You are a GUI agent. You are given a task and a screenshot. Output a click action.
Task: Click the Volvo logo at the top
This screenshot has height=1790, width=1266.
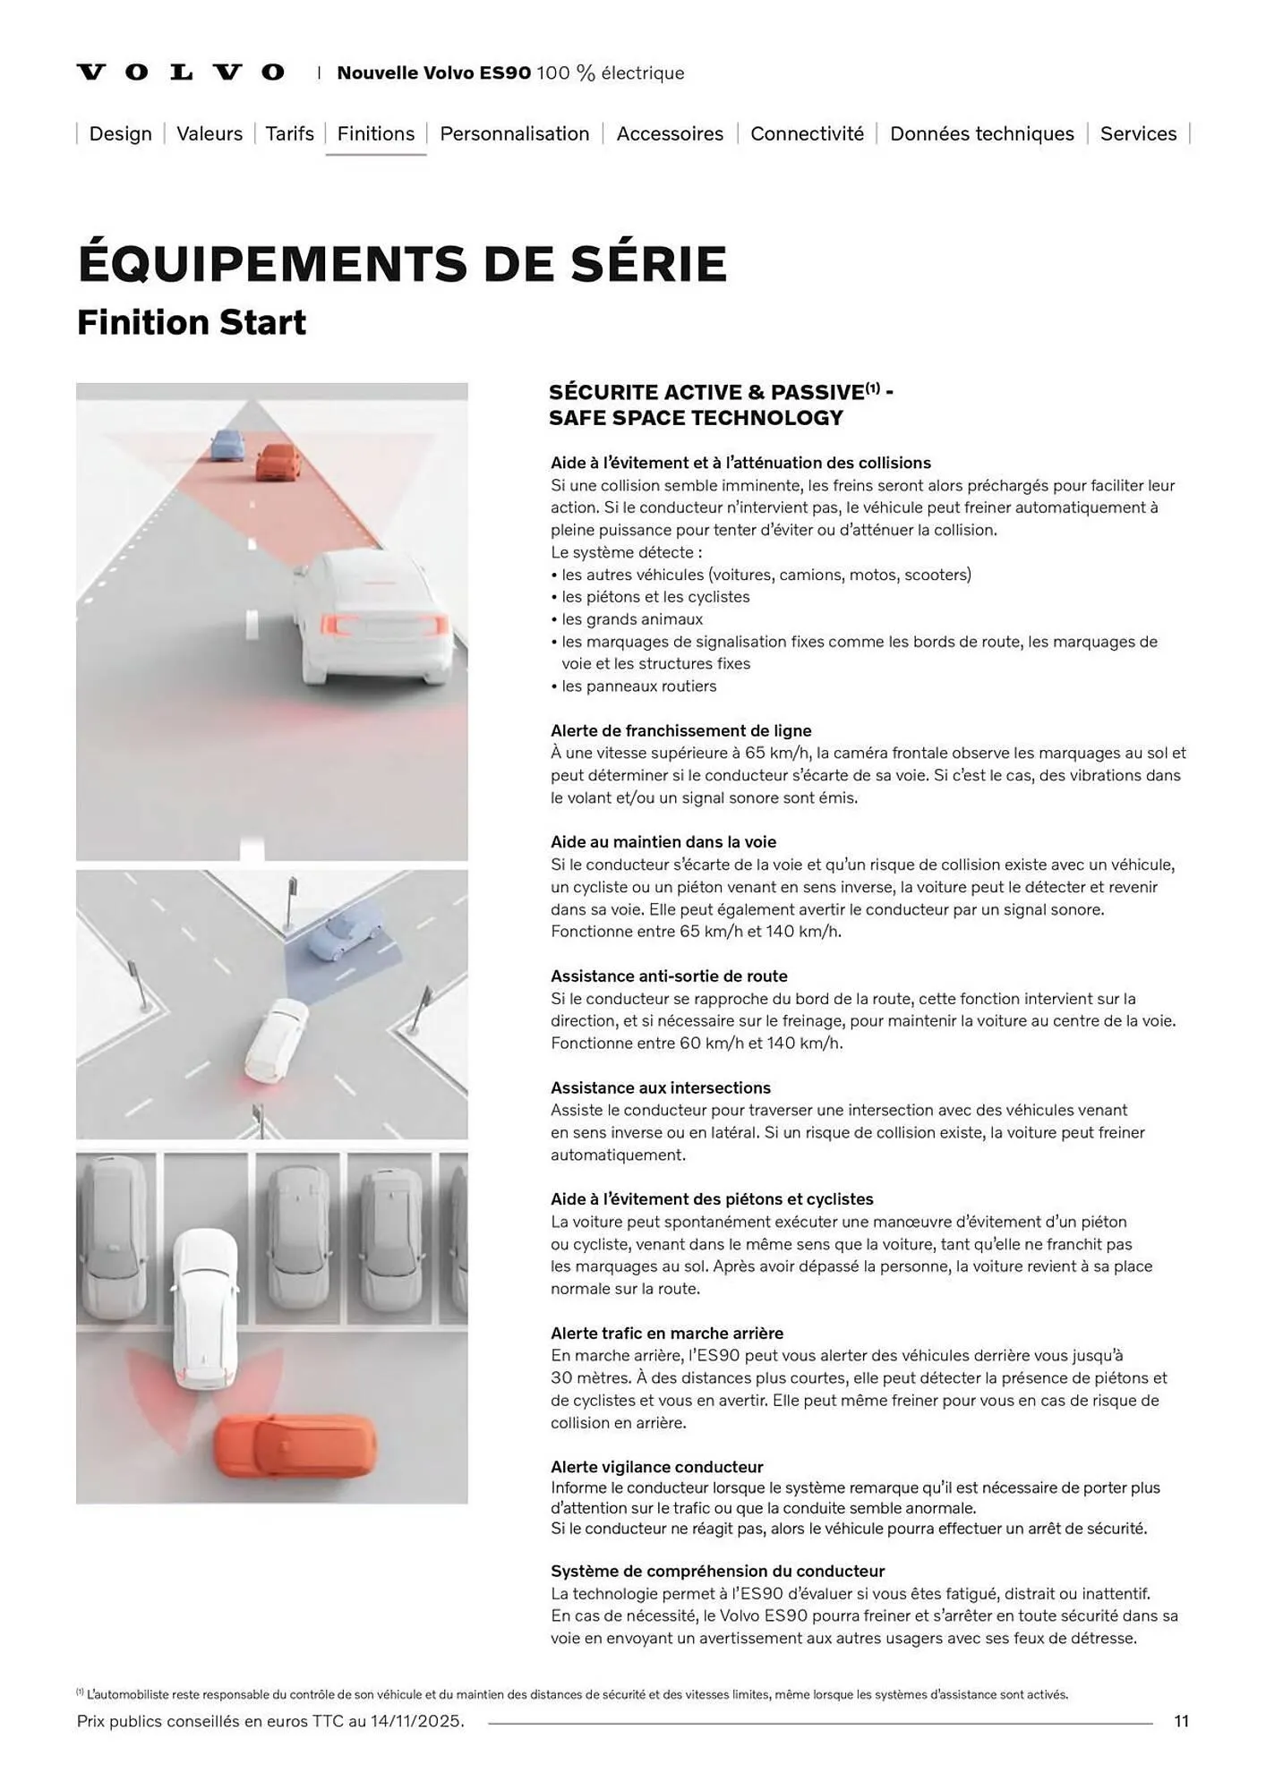181,72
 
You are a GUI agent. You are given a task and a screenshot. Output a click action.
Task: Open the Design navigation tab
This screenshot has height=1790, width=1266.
121,133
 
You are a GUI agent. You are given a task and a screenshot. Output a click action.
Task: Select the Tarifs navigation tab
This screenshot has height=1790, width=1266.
290,133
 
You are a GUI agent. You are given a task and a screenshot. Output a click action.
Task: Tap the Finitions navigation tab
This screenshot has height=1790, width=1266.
376,133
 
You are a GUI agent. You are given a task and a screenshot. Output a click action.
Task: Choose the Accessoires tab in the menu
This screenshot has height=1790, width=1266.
670,133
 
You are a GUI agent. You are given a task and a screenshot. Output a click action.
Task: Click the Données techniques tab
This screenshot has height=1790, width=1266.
982,133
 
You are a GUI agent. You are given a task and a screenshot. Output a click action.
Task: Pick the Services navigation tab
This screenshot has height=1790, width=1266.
1139,133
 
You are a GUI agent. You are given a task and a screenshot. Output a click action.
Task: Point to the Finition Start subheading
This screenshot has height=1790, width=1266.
192,322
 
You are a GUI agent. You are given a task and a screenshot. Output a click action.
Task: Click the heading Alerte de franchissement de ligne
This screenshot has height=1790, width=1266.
681,730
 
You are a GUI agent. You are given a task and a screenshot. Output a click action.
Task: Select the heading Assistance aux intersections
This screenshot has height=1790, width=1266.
661,1087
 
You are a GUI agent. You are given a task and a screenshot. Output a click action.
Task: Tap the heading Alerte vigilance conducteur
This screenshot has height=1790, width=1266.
657,1467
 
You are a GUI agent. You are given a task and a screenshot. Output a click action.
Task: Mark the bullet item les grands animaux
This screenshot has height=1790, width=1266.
627,619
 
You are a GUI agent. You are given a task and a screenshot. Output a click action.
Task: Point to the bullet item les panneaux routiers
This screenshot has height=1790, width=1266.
634,686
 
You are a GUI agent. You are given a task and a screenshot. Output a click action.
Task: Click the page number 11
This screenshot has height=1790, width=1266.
1182,1721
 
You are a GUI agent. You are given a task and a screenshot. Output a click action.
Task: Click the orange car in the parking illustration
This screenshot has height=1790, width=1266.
295,1446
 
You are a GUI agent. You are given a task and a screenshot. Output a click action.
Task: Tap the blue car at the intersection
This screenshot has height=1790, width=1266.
343,931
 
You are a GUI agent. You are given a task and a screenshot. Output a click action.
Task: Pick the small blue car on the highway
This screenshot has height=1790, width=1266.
227,445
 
